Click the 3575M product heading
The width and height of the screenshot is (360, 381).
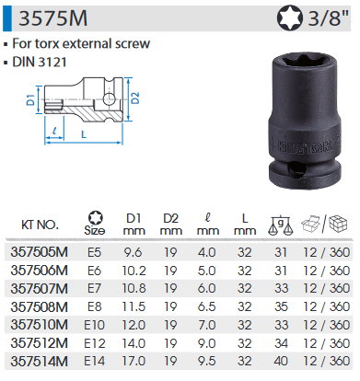(x=53, y=18)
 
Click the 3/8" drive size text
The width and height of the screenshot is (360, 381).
(x=329, y=18)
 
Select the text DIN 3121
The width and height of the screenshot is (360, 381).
(x=40, y=63)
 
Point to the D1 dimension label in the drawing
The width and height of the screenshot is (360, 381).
(x=30, y=100)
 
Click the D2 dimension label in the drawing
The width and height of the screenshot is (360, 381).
(x=135, y=98)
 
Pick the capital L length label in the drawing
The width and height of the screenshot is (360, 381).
(x=84, y=134)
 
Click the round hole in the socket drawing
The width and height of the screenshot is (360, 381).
(x=109, y=99)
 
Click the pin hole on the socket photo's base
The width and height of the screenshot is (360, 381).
(x=297, y=168)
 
